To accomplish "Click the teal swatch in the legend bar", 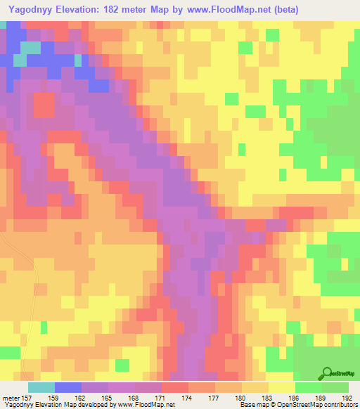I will pos(41,387).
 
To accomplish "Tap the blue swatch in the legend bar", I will pos(68,387).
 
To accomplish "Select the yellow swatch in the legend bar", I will pos(281,387).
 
